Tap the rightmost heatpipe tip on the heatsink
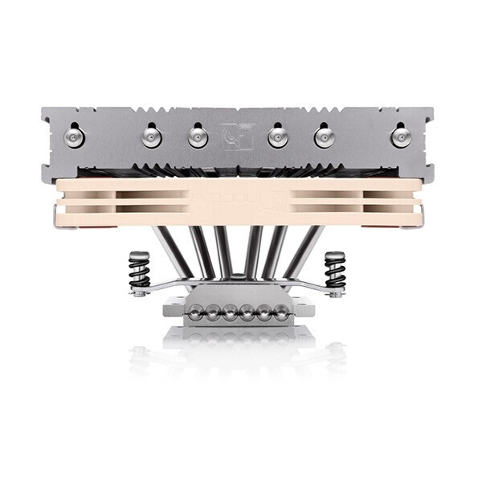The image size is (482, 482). (398, 136)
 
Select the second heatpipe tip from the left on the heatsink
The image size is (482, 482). (151, 137)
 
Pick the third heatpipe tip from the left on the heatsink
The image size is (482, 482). (198, 137)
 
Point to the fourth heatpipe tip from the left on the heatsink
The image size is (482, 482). (278, 137)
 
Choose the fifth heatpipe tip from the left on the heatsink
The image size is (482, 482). (325, 137)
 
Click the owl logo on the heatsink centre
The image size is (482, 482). (238, 136)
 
